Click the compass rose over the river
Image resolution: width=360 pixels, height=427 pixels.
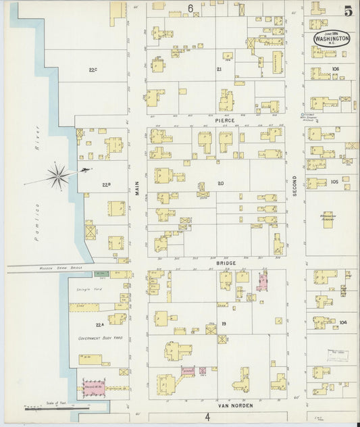tap(59, 176)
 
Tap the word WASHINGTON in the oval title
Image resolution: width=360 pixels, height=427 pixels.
tap(332, 39)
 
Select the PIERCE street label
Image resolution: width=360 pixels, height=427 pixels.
tap(224, 120)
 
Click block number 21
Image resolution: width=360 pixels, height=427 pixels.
tap(218, 70)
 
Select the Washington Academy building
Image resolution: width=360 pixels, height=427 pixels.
tap(328, 219)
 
